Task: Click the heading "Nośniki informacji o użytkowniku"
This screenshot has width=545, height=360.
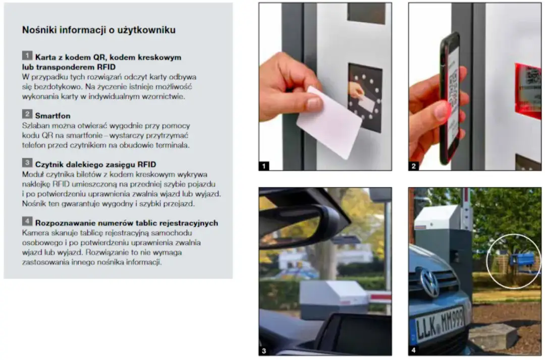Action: click(99, 30)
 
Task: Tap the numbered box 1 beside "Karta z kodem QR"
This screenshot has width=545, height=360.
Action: click(27, 55)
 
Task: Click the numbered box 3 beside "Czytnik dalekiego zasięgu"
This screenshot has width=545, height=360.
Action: click(27, 163)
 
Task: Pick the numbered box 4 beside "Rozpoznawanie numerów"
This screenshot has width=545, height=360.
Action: click(27, 222)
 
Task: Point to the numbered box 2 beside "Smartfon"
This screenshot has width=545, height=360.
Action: click(27, 115)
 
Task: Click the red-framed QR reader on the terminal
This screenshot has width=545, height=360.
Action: click(528, 90)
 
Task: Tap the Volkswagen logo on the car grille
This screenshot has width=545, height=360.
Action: click(430, 282)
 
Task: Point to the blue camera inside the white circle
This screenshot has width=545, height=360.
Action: click(522, 260)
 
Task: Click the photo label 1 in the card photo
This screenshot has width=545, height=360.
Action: click(264, 165)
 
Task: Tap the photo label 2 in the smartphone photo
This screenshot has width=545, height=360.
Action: click(414, 165)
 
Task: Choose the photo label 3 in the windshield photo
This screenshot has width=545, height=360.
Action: click(264, 350)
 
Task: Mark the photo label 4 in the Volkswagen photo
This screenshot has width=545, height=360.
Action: click(414, 350)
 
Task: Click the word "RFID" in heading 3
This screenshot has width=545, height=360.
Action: click(146, 164)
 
